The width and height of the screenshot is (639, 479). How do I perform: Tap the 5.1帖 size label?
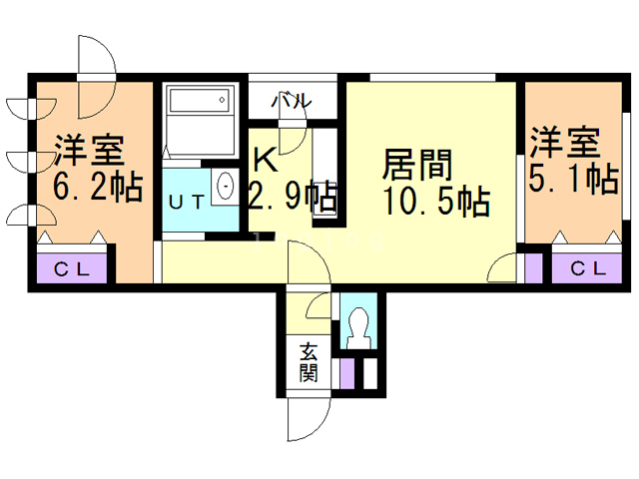coord(571,180)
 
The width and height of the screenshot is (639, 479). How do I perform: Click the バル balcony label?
coord(294,101)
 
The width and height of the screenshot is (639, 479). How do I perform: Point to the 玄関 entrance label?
coord(309,362)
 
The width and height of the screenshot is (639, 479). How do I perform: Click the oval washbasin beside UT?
coord(225,187)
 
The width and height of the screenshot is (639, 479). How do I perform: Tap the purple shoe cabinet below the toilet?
coord(346,372)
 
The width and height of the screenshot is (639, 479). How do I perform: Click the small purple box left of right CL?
coord(532,267)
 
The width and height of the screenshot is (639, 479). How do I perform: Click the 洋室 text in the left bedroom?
coord(89,150)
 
